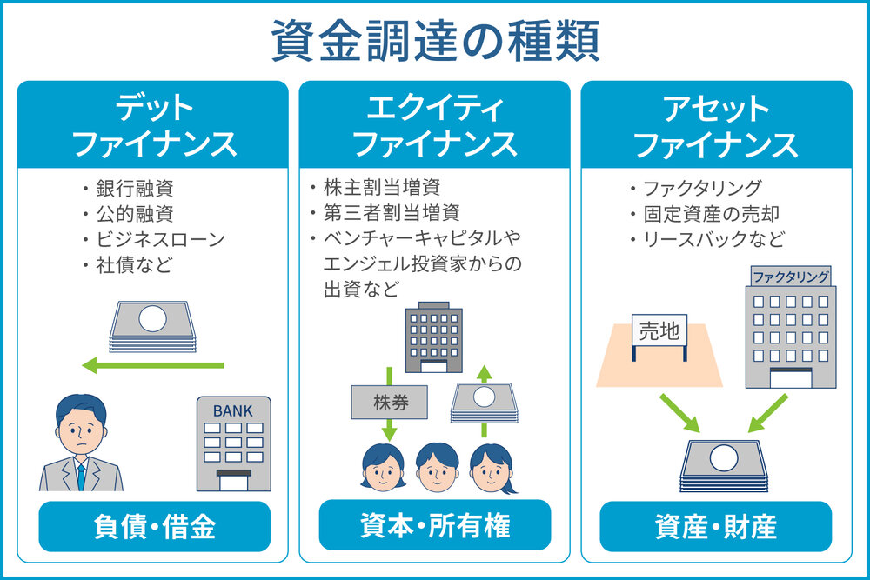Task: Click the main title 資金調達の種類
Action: point(435,41)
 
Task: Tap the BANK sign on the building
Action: point(233,411)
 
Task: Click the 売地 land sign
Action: point(659,330)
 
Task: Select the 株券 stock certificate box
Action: point(390,402)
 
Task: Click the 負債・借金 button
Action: point(155,526)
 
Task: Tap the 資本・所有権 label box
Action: point(435,525)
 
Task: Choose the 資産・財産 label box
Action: point(716,526)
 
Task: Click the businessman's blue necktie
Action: point(81,477)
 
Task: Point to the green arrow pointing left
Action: point(152,365)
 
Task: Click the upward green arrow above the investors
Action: point(484,400)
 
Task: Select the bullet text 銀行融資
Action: point(135,189)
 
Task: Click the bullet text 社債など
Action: point(134,265)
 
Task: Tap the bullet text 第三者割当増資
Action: point(391,212)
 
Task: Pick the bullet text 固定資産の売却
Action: point(712,214)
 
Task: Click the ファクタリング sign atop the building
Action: point(791,277)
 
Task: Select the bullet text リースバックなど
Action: point(713,239)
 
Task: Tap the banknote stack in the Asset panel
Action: point(724,466)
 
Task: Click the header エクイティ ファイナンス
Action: point(435,125)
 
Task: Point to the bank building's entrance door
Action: point(233,481)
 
